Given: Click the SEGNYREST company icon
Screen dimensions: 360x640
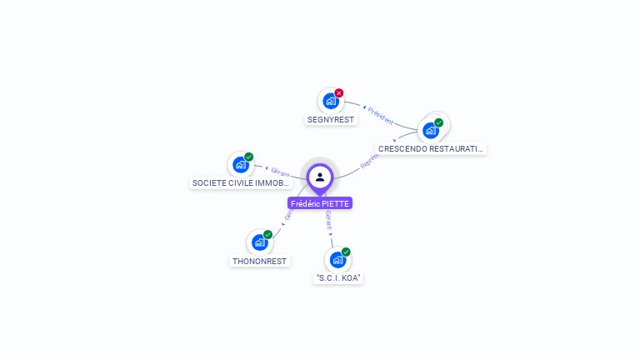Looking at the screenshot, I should point(330,102).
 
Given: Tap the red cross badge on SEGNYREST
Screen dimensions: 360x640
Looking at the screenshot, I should point(339,93).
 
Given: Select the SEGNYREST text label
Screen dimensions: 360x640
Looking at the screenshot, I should point(331,119).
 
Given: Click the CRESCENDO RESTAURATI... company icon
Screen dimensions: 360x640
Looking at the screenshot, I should point(431,130).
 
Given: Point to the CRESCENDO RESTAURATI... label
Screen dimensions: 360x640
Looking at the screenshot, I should point(430,148).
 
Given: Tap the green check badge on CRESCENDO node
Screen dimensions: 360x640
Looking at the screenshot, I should point(438,122).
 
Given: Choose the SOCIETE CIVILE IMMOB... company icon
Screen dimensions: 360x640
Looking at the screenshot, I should point(241,164).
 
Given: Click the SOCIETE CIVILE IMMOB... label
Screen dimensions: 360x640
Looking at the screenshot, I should point(241,182).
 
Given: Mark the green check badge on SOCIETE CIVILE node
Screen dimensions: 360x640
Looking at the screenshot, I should point(249,157).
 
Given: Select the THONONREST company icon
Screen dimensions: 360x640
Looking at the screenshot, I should point(260,242).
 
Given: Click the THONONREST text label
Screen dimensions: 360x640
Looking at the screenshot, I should point(260,261).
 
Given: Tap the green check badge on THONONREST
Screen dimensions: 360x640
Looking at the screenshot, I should point(268,235).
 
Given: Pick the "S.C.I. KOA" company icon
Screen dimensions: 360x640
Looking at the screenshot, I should point(337,259).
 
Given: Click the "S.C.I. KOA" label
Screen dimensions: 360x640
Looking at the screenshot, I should point(339,277).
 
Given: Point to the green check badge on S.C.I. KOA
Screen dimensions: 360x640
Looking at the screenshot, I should point(346,252).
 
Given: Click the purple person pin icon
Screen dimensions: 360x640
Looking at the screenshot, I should point(320,177).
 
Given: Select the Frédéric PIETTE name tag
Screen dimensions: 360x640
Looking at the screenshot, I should point(320,203).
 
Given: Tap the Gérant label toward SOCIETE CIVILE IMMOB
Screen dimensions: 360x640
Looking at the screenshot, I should point(280,172).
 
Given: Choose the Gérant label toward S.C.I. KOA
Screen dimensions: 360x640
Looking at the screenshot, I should point(328,220).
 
